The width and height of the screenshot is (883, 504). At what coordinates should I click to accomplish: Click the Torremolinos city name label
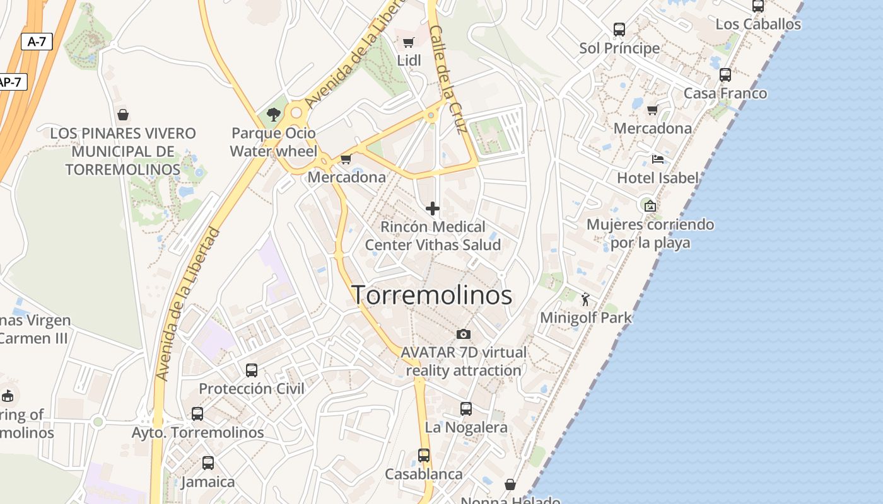tap(431, 295)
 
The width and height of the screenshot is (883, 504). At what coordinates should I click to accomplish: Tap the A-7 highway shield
tap(37, 42)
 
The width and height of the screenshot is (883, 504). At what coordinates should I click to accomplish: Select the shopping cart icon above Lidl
tap(408, 43)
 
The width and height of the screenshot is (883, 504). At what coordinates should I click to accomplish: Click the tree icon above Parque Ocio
tap(274, 115)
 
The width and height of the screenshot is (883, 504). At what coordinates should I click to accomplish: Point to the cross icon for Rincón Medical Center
tap(433, 209)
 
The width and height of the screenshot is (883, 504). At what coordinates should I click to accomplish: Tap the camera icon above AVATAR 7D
tap(464, 334)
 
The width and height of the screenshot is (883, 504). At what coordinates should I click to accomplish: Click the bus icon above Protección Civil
tap(252, 370)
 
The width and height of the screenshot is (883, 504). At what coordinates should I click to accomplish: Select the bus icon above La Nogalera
tap(466, 409)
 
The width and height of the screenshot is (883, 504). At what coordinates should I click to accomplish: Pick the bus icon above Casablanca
tap(424, 455)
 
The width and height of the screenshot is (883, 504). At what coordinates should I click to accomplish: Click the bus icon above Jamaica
tap(208, 463)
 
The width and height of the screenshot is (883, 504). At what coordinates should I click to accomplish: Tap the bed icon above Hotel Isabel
tap(658, 159)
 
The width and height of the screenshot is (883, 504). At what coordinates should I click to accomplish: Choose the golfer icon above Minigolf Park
tap(586, 299)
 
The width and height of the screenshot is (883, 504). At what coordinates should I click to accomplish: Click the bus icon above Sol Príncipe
tap(619, 30)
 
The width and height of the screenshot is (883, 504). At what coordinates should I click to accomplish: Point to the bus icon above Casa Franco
tap(725, 75)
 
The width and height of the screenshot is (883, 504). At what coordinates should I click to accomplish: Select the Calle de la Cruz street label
tap(448, 79)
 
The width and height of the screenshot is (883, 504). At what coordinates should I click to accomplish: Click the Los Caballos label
tap(758, 25)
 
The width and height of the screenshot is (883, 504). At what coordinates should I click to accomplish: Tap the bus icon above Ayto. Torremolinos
tap(197, 414)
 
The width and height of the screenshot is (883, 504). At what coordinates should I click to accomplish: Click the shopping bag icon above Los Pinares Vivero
tap(123, 115)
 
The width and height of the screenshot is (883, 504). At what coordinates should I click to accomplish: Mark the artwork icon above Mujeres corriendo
tap(650, 206)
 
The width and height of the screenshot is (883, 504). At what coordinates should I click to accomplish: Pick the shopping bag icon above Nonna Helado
tap(510, 484)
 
